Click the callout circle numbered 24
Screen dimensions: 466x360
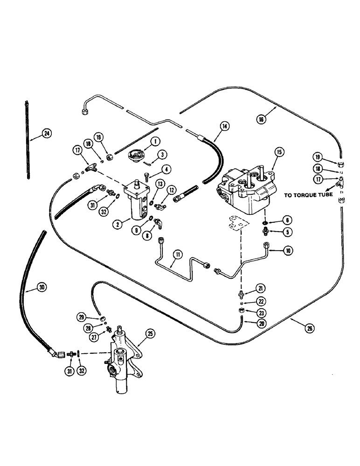46,133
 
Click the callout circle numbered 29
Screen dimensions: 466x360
81,317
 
